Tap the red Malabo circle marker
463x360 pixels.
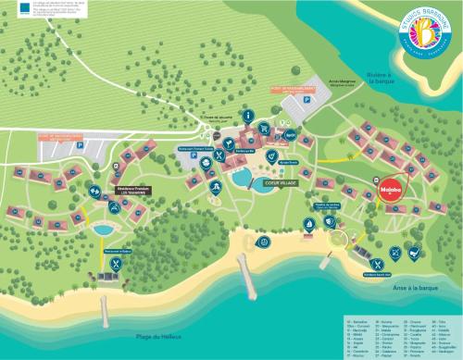point(389,192)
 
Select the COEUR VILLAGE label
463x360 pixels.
point(280,182)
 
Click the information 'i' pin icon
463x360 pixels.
point(248,117)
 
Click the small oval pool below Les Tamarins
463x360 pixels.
point(104,229)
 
